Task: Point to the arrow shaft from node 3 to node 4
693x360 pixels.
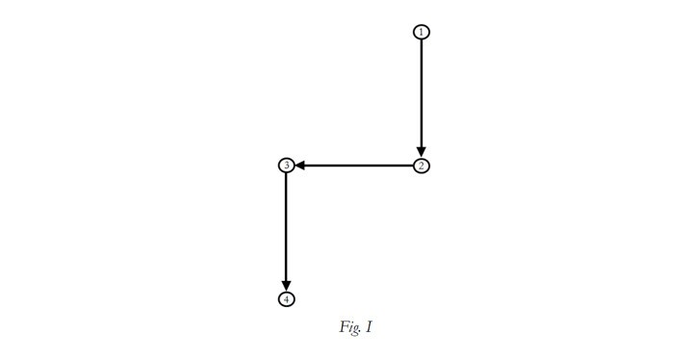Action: point(287,227)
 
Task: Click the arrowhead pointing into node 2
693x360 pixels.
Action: point(422,153)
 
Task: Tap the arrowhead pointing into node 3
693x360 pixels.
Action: point(299,166)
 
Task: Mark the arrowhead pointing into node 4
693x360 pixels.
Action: point(287,287)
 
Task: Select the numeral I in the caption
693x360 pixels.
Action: point(369,327)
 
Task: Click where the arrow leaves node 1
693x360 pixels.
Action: point(422,39)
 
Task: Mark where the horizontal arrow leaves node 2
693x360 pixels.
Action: point(413,166)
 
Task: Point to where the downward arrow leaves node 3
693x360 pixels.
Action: point(287,173)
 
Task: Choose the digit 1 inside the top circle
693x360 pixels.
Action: point(422,32)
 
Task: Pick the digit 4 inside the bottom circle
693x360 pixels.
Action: point(287,299)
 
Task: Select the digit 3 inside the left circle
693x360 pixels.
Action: point(287,166)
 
